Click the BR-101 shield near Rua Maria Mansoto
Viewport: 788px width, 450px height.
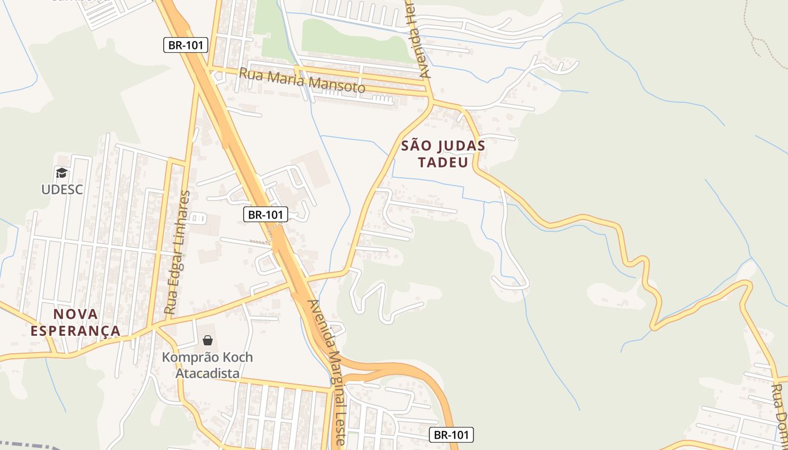click(x=186, y=45)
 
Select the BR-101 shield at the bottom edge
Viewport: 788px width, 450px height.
click(x=451, y=434)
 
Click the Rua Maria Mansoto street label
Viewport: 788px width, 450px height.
click(x=302, y=80)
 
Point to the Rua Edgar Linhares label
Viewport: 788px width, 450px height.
click(x=177, y=252)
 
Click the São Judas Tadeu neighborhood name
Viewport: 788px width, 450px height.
click(x=443, y=154)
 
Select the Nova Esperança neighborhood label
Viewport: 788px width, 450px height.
click(x=75, y=322)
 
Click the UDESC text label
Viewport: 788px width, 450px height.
click(x=62, y=190)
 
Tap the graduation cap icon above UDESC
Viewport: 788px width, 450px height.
click(x=61, y=173)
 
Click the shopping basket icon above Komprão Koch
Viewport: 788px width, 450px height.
click(x=207, y=340)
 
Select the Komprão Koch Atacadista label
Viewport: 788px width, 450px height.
click(x=207, y=365)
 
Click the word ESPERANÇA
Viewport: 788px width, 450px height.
click(x=75, y=331)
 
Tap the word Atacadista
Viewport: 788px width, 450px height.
click(x=207, y=373)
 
